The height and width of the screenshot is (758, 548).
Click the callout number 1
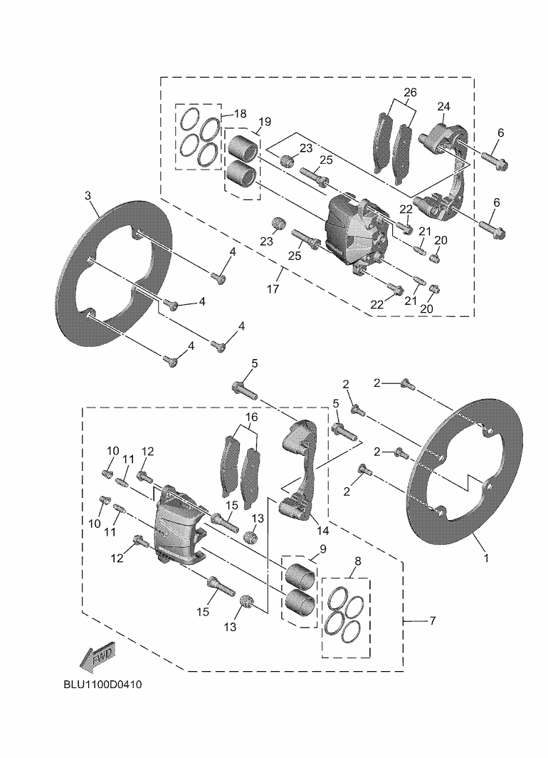tap(487, 559)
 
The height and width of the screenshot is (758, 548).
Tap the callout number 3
tap(88, 194)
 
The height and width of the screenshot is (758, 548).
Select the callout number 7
tap(432, 621)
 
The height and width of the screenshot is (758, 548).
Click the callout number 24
tap(443, 107)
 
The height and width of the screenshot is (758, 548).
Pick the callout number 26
tap(410, 93)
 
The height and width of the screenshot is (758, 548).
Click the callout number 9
tap(322, 549)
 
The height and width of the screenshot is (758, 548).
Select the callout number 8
tap(357, 561)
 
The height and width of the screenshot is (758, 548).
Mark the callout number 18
tap(240, 114)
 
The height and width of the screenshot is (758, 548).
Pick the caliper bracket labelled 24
tap(445, 171)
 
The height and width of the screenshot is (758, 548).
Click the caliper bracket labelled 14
tap(300, 470)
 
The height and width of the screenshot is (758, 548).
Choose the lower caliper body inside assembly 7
tap(178, 527)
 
